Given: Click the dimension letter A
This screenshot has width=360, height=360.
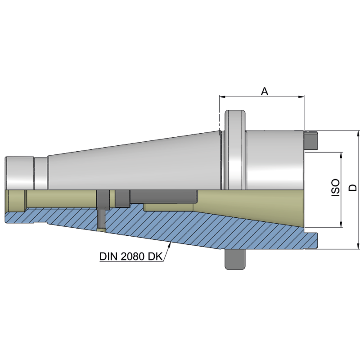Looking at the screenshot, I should tap(265, 91).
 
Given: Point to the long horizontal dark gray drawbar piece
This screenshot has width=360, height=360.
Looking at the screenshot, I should tap(162, 196).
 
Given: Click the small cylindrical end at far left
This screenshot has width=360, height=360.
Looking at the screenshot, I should tap(19, 173).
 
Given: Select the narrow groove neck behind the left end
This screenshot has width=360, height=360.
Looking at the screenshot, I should tap(41, 174).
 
